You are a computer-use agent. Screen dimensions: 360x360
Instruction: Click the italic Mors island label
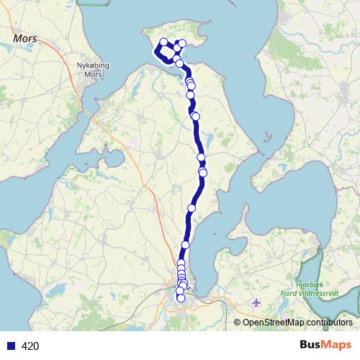click(25, 36)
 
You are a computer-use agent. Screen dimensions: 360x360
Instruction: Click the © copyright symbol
click(238, 322)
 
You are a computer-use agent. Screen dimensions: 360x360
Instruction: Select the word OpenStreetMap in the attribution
click(270, 322)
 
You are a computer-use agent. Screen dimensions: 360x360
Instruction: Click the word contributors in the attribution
click(328, 322)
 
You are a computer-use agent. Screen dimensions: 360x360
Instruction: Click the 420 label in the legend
click(30, 346)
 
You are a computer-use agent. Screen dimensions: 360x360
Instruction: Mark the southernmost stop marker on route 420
click(181, 298)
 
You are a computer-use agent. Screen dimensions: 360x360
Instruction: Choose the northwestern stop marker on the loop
click(163, 42)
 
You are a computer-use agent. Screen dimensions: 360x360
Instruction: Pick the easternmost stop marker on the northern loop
click(182, 44)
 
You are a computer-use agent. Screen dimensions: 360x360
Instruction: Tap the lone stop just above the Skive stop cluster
click(185, 245)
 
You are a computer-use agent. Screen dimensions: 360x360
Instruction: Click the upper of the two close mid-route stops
click(202, 157)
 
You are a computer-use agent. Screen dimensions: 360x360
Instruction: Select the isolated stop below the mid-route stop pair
click(192, 208)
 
